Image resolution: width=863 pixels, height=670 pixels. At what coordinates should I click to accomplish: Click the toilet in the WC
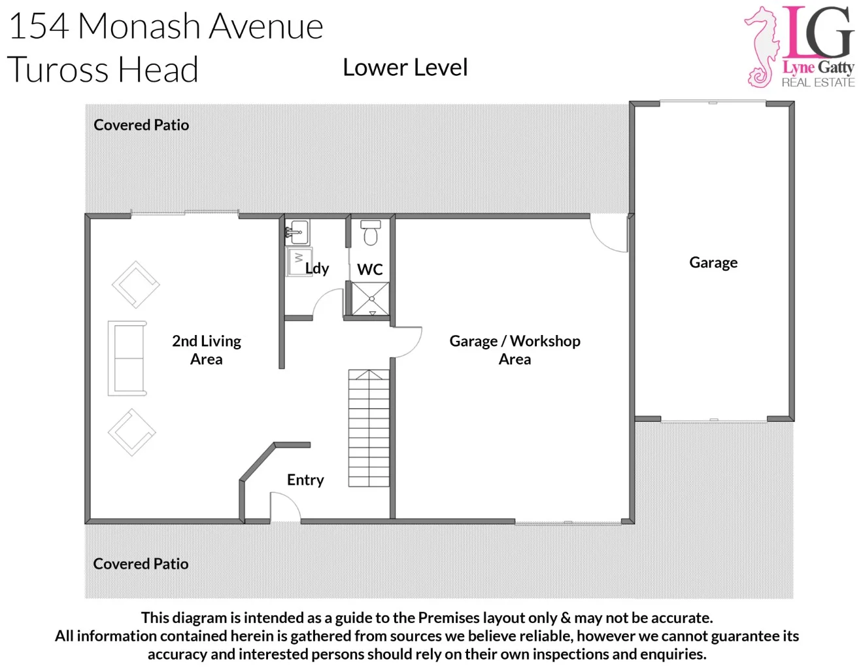click(x=371, y=233)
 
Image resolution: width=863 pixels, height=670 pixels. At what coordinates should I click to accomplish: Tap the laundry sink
click(x=297, y=232)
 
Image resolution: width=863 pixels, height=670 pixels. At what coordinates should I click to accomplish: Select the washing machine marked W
click(x=299, y=261)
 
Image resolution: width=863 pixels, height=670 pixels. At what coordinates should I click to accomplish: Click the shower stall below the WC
click(x=371, y=298)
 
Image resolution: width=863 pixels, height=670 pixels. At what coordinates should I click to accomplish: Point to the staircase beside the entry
click(x=369, y=428)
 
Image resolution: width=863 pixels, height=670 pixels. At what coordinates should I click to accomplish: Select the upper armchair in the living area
click(x=136, y=285)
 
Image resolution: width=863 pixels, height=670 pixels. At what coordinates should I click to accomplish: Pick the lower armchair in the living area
click(x=132, y=432)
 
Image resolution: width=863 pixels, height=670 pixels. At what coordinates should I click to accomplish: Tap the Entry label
click(x=305, y=480)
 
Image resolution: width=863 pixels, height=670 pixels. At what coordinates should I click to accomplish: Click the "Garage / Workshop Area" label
click(x=515, y=349)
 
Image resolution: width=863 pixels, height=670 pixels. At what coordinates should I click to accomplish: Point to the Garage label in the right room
click(x=713, y=262)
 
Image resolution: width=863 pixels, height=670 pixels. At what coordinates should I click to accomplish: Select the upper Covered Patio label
click(x=141, y=125)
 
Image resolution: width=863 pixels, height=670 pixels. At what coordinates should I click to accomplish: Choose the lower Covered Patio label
click(x=141, y=564)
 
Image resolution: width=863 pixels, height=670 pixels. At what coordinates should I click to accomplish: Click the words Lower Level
click(x=405, y=67)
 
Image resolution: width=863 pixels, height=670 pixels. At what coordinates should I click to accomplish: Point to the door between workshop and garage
click(x=609, y=234)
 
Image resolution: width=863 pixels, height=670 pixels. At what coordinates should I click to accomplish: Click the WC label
click(x=370, y=270)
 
